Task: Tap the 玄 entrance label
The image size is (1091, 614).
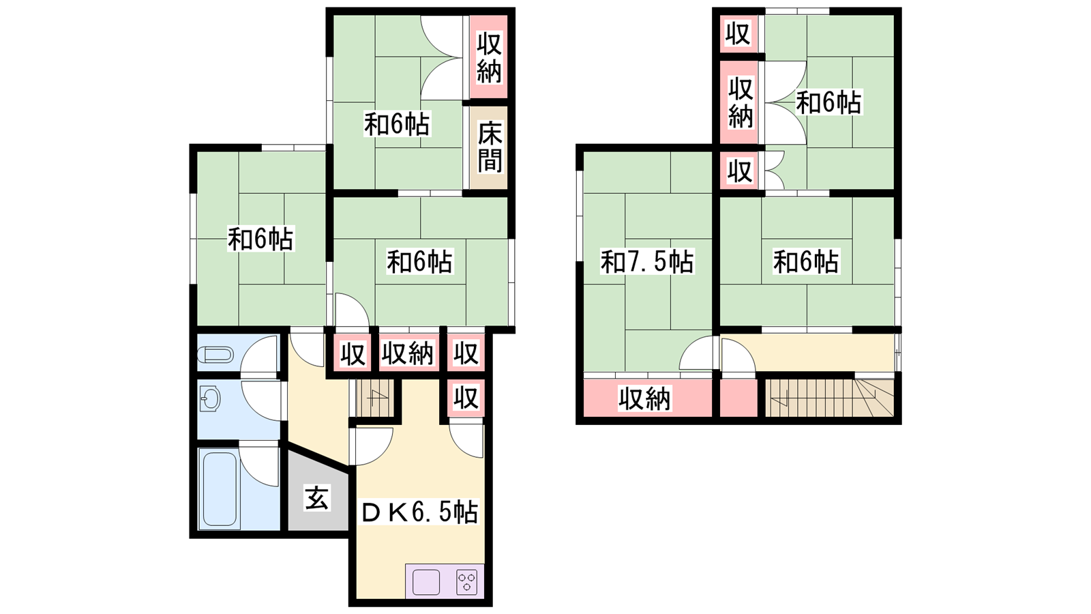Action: (317, 499)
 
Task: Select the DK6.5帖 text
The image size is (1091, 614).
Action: (419, 512)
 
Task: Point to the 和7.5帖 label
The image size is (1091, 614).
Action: (646, 261)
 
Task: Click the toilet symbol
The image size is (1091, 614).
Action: (215, 355)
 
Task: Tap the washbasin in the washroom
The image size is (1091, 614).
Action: (210, 399)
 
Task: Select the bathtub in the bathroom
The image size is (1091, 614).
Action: (220, 488)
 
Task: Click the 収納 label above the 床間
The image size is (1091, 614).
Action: (489, 57)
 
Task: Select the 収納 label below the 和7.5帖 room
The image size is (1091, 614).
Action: (644, 398)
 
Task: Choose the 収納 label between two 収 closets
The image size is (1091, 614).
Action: (407, 353)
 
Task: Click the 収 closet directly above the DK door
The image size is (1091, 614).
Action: (466, 397)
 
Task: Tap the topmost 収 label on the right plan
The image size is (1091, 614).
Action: (738, 33)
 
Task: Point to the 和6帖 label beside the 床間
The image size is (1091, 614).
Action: (397, 125)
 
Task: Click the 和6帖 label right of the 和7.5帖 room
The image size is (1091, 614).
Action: (805, 261)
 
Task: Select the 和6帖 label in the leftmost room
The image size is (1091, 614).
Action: (260, 239)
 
